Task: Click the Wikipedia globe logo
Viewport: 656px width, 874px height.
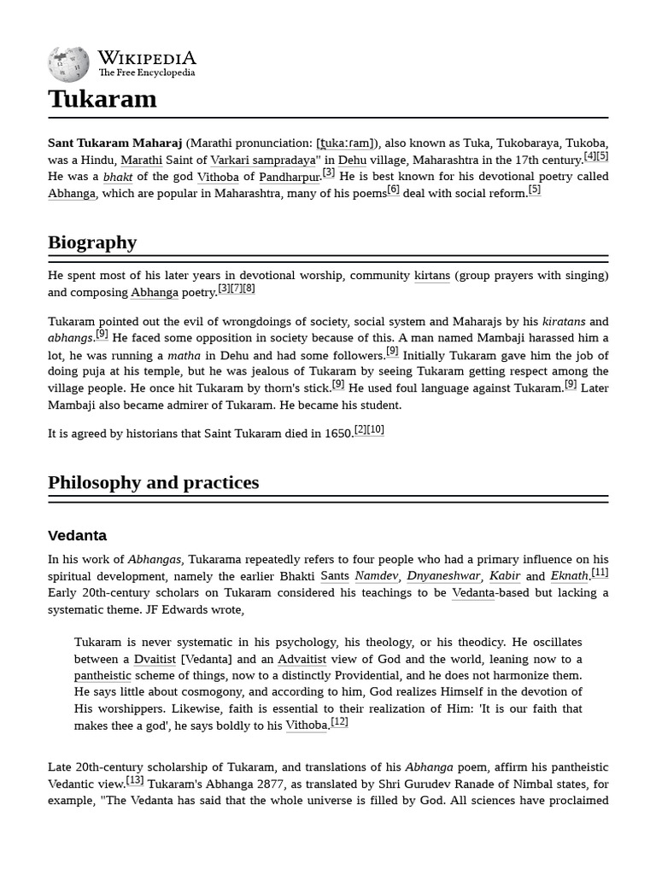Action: (68, 63)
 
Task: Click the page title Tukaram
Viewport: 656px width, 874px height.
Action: (102, 99)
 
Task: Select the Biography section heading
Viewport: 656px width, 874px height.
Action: (92, 242)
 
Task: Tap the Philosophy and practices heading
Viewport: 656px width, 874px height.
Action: (153, 482)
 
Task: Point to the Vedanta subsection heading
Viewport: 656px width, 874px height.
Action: (77, 536)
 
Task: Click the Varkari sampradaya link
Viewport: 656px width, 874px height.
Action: (263, 160)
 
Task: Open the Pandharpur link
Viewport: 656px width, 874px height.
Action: (290, 177)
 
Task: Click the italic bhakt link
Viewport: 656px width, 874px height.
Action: (118, 177)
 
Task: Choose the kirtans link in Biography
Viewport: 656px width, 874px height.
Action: (431, 276)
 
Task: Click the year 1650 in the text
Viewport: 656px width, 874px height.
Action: (338, 434)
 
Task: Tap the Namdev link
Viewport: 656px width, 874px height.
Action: (376, 576)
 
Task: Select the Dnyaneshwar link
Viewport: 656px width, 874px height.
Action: (443, 576)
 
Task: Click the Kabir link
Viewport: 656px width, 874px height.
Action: (505, 576)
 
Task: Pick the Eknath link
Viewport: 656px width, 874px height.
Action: (569, 576)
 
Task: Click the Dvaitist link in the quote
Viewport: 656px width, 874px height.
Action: (155, 659)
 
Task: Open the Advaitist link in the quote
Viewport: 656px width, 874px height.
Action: (302, 659)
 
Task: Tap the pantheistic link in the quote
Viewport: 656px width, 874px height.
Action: (102, 675)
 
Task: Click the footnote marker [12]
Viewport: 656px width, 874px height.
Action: (339, 722)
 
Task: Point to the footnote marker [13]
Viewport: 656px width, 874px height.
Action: (135, 779)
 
